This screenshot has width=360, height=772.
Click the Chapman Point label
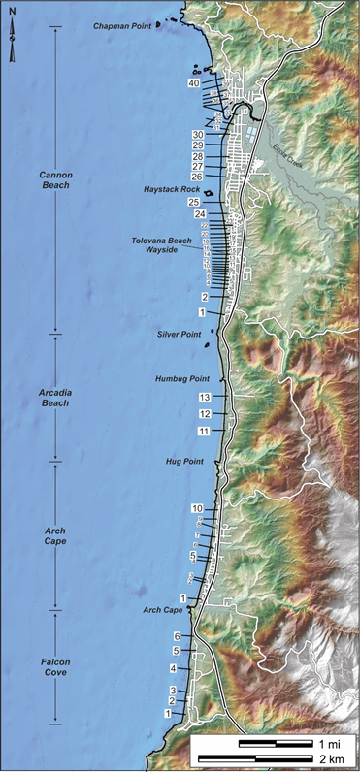pyautogui.click(x=123, y=26)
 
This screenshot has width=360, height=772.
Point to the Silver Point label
pyautogui.click(x=179, y=334)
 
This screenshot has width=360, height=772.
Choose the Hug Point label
pyautogui.click(x=184, y=462)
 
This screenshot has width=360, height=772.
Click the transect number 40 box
pyautogui.click(x=194, y=84)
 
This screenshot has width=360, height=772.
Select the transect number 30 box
pyautogui.click(x=197, y=135)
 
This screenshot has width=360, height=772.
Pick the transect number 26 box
pyautogui.click(x=197, y=177)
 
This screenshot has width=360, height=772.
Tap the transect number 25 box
pyautogui.click(x=194, y=201)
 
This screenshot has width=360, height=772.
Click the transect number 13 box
pyautogui.click(x=204, y=398)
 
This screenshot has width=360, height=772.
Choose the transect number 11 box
pyautogui.click(x=204, y=430)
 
